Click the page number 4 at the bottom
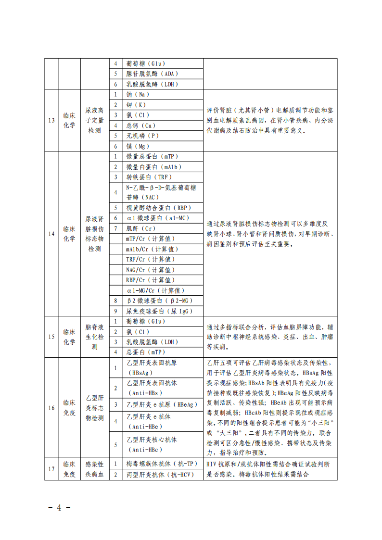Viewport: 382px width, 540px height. tap(60, 508)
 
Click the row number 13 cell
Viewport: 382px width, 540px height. tap(51, 120)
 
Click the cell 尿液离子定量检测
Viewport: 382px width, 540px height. tap(94, 120)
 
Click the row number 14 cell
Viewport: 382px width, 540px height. tap(51, 234)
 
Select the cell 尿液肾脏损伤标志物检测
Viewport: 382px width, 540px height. tap(94, 234)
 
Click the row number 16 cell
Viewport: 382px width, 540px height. tap(51, 408)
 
